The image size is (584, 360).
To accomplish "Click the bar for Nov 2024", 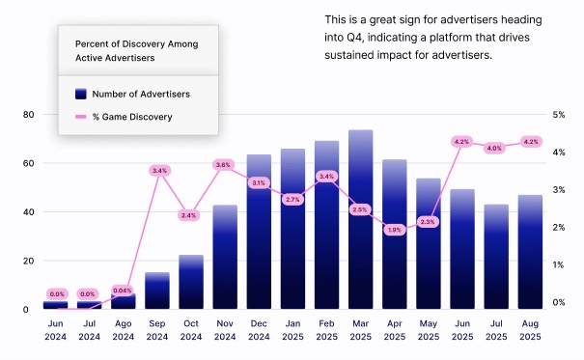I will pos(225,257).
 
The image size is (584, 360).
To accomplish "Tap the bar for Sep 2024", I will pos(157,291).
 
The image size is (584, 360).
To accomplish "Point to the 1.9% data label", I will pos(395,230).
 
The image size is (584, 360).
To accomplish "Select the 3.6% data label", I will pos(224,165).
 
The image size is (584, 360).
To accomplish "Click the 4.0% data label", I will pos(495,148).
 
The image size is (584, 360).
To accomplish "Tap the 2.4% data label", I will pos(189,215).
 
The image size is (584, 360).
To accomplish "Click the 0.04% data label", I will pos(123,291).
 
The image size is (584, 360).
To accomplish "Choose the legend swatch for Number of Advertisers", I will pos(80,94).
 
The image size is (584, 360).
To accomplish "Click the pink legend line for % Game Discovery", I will pos(80,118).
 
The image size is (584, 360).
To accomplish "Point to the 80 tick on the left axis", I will pos(29,114).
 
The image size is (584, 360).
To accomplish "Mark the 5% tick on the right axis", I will pos(558,114).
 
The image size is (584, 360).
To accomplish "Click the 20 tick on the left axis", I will pos(29,261).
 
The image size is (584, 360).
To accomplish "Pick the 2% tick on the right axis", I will pos(558,227).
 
